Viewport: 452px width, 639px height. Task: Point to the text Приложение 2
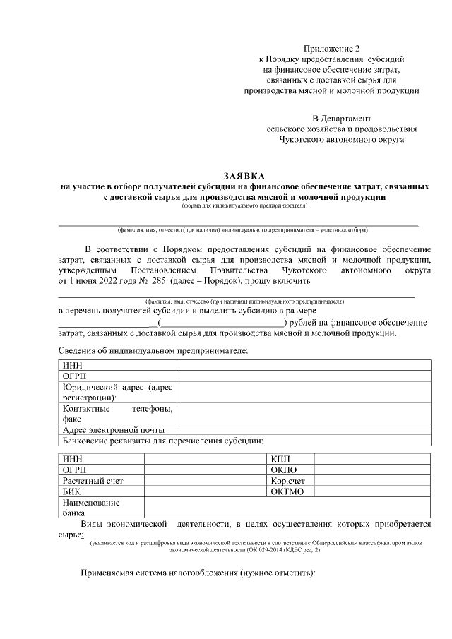[x=331, y=49]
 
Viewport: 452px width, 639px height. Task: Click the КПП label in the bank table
[x=280, y=459]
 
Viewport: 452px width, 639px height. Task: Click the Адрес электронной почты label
[x=114, y=429]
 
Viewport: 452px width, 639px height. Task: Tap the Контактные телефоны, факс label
[x=117, y=413]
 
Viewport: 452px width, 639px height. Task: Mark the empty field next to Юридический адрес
[x=304, y=392]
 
